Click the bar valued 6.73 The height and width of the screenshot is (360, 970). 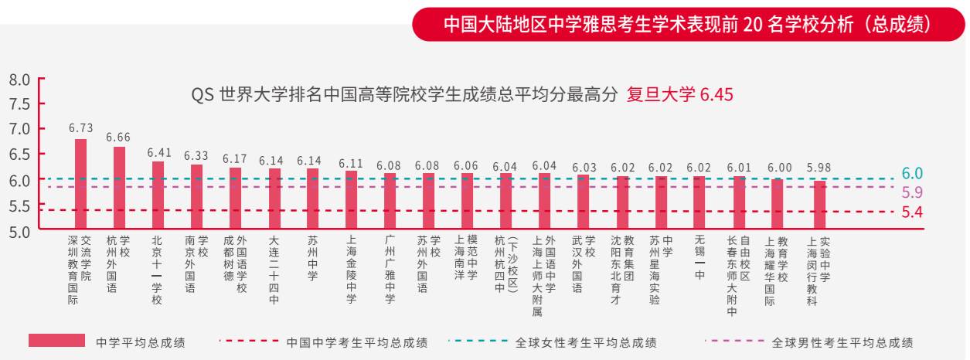pyautogui.click(x=80, y=183)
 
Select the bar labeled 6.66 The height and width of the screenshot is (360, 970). pyautogui.click(x=119, y=187)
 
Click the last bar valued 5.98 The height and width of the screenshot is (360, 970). pyautogui.click(x=819, y=205)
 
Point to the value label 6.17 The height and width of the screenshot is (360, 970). pyautogui.click(x=235, y=158)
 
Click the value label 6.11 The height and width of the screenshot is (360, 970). pyautogui.click(x=351, y=163)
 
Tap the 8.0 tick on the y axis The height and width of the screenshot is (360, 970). pyautogui.click(x=19, y=80)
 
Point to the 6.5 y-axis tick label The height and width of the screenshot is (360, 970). pyautogui.click(x=19, y=155)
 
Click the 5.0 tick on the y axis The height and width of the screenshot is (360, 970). pyautogui.click(x=19, y=230)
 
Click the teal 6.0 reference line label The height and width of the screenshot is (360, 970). pyautogui.click(x=912, y=174)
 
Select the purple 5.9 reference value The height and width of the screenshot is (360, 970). pyautogui.click(x=912, y=192)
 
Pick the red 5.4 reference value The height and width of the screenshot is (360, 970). pyautogui.click(x=912, y=212)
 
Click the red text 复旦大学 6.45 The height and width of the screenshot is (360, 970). pyautogui.click(x=679, y=95)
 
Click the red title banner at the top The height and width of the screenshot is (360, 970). pyautogui.click(x=688, y=24)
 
